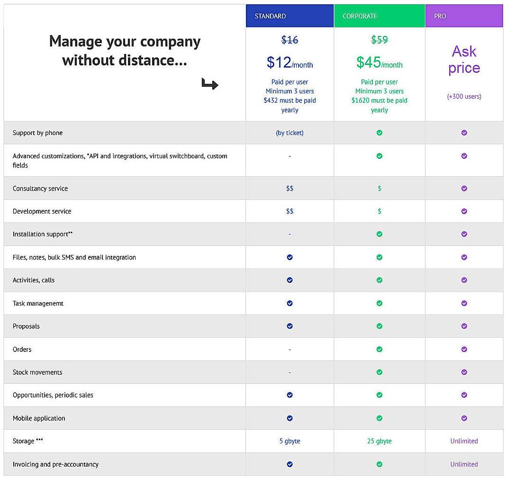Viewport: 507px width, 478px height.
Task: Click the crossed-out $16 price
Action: pos(290,40)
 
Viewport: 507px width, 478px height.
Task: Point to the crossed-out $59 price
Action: pos(379,40)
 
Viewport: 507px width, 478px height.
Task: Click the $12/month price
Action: pos(290,63)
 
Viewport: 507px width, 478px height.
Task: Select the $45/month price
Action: pos(379,63)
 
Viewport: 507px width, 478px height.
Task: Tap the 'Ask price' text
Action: pos(464,59)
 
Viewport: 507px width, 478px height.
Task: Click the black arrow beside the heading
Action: pos(209,84)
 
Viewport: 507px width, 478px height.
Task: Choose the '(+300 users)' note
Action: pos(464,96)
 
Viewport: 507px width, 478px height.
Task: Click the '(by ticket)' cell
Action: pos(290,133)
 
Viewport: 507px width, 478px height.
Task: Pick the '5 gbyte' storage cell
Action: pos(290,441)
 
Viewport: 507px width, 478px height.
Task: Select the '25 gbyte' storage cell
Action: pos(379,441)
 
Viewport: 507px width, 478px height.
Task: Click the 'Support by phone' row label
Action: pos(37,133)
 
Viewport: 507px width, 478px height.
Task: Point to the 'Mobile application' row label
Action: pos(39,418)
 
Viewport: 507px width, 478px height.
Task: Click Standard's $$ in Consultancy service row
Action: pos(290,189)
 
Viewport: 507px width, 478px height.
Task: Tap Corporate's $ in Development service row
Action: pos(379,211)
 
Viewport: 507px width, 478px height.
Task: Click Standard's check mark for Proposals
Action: pos(290,326)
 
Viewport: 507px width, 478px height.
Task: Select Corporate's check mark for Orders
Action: pos(379,349)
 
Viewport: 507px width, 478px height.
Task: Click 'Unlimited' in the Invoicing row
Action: pos(464,464)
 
